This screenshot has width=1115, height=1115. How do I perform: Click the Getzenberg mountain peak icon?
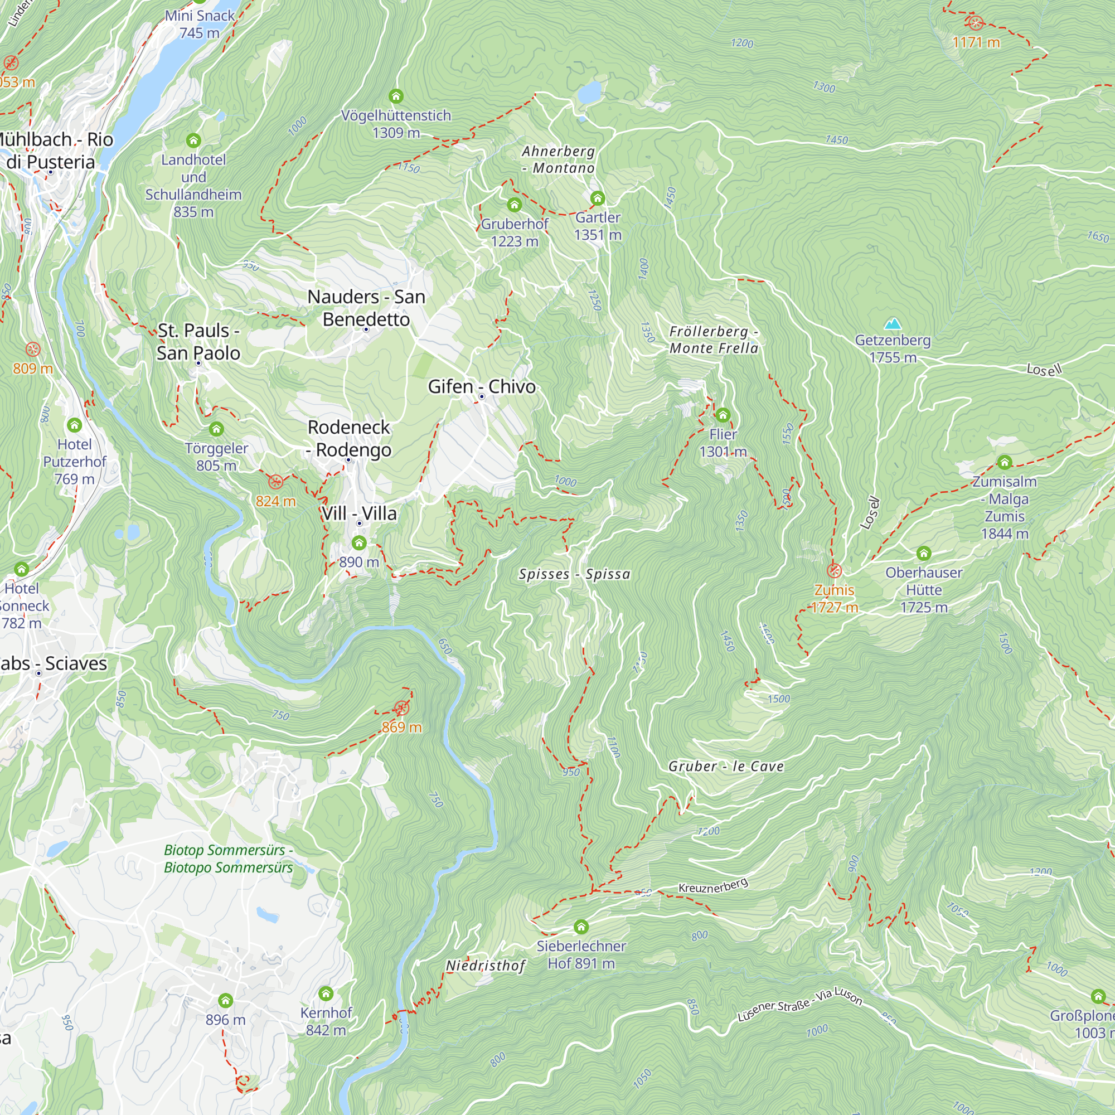[x=893, y=323]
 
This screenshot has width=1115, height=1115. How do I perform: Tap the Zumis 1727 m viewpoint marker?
[x=834, y=571]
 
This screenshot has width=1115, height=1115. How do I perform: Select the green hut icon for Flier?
[x=723, y=415]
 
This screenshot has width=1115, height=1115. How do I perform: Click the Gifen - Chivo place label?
[x=481, y=386]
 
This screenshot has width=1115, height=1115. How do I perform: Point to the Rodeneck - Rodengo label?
[x=349, y=438]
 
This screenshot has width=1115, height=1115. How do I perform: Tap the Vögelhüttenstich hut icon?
[x=396, y=96]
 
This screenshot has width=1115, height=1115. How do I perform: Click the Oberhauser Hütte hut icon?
[x=923, y=554]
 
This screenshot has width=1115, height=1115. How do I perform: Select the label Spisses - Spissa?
[x=574, y=574]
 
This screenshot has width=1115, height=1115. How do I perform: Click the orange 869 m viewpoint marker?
[x=401, y=708]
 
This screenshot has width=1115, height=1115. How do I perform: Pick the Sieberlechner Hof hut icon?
[x=581, y=927]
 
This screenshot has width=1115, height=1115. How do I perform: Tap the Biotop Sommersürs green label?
[x=229, y=859]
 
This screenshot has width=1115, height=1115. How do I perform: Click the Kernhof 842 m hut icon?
[x=326, y=993]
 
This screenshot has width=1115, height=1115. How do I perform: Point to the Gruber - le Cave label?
[x=726, y=766]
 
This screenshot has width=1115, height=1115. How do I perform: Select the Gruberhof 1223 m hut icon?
[x=514, y=204]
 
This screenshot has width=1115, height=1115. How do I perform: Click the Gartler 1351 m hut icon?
[x=597, y=198]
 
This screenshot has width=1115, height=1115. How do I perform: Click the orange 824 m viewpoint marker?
[x=276, y=481]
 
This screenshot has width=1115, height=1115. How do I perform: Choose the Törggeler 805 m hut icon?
[x=216, y=429]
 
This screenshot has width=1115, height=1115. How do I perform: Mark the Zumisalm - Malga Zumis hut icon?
[x=1005, y=462]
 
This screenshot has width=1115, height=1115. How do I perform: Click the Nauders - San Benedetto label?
[x=366, y=308]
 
